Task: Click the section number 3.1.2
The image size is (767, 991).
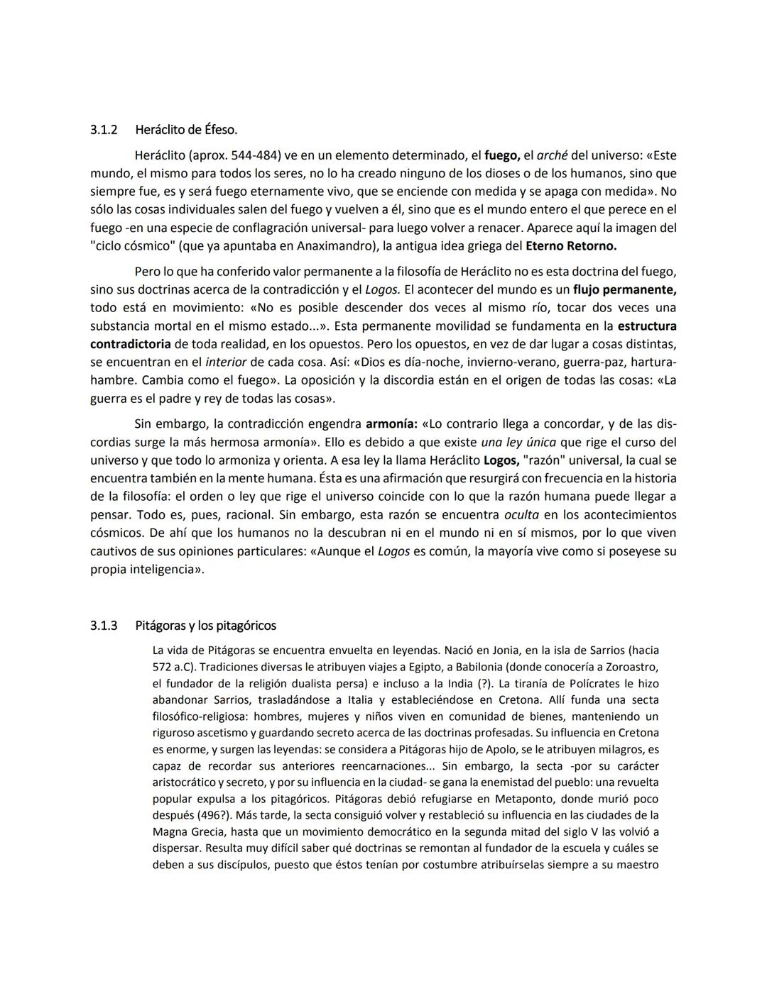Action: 104,130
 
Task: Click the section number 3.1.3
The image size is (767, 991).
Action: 104,626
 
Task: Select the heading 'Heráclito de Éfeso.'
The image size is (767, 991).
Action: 186,130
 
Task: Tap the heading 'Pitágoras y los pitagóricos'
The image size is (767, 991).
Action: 205,626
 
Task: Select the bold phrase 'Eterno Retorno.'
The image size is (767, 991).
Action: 571,246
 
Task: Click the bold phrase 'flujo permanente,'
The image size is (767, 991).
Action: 624,289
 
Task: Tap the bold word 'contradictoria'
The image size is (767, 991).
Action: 130,344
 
